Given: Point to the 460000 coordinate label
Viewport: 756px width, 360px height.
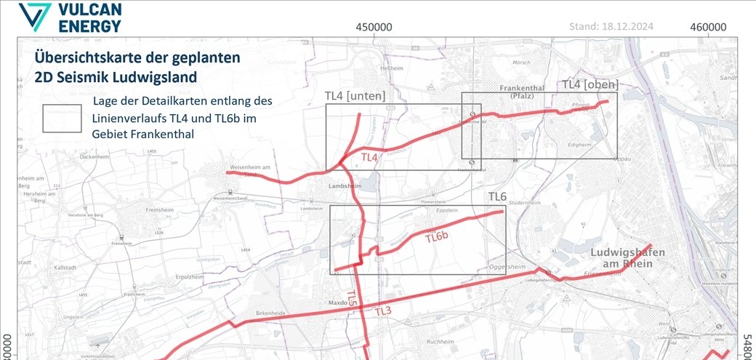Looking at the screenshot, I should (x=709, y=27).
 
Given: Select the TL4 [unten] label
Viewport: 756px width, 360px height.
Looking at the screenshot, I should (x=355, y=96).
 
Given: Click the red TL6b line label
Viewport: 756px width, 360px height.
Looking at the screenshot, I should (x=441, y=237).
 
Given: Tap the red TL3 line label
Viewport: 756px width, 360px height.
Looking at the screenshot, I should (x=383, y=312).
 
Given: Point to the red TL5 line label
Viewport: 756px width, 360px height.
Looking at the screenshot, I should (x=351, y=297).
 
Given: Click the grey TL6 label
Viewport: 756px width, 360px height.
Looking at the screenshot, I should (x=497, y=197).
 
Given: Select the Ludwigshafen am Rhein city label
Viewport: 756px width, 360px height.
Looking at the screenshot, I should (x=627, y=257).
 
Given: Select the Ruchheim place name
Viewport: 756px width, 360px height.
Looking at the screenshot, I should (x=440, y=342).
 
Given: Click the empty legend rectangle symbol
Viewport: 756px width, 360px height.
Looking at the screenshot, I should (x=62, y=119).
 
